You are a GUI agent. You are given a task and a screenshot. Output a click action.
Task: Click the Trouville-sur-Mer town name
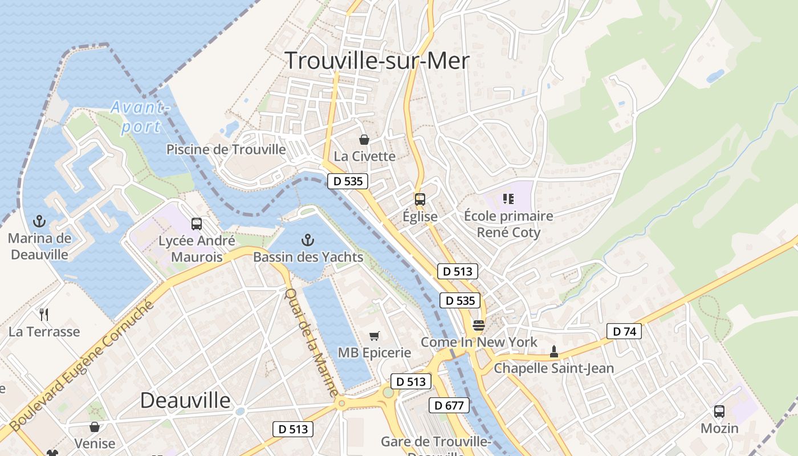point(377,60)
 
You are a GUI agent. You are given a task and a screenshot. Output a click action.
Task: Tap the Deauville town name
point(185,400)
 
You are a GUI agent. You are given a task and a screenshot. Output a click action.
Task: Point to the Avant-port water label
point(140,117)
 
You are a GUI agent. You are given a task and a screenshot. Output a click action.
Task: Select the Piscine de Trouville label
point(226,149)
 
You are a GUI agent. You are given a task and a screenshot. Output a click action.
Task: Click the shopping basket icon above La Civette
point(364,139)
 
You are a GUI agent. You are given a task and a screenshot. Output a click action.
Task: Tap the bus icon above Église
point(420,199)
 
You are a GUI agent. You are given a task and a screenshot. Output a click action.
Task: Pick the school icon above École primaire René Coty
point(508,199)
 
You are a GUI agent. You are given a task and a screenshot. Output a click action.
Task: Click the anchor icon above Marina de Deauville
point(39,221)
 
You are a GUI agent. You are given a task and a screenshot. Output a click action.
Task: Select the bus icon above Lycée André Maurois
point(197,223)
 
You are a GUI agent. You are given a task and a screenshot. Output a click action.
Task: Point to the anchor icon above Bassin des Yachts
point(308,239)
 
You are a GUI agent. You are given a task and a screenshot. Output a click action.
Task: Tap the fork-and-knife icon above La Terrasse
point(44,314)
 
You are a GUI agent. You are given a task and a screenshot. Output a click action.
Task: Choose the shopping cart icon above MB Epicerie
point(374,336)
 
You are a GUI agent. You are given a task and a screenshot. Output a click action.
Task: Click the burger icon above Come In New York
point(478,325)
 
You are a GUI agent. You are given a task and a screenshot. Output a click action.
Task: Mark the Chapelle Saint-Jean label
point(553,368)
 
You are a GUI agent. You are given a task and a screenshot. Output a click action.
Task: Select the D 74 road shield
point(624,331)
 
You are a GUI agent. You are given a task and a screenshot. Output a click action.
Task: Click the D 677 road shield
point(449,405)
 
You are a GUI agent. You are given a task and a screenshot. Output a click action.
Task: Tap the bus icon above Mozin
point(719,411)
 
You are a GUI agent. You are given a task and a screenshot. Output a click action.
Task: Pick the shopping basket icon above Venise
point(95,426)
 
